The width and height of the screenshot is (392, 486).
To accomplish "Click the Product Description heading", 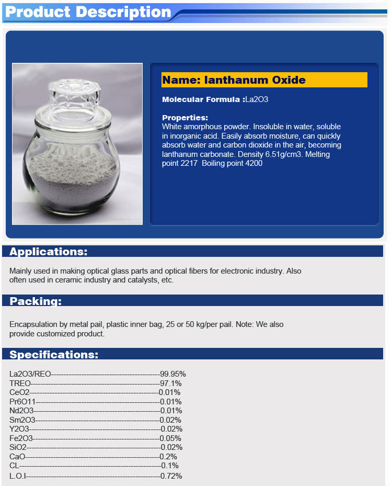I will [88, 12].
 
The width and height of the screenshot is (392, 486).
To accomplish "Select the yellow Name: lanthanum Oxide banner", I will [264, 80].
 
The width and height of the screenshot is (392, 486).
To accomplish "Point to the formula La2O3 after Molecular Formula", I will [257, 99].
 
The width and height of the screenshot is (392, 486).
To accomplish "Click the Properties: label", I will [185, 118].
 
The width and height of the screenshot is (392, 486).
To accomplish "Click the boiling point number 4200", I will [253, 163].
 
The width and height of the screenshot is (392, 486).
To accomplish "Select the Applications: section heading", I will [48, 252].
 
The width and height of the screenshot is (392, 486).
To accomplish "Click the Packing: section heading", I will [36, 301].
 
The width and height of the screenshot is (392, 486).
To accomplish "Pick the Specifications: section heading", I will [54, 355].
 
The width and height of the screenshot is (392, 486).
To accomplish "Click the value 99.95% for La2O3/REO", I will [173, 374].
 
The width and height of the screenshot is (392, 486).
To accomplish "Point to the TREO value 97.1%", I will [171, 383].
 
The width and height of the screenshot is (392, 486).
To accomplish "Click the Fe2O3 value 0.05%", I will [171, 438].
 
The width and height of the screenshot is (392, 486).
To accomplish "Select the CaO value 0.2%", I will [168, 457].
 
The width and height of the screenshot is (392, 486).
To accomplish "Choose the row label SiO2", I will [18, 447].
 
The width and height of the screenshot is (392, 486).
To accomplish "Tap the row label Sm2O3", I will [22, 420].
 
